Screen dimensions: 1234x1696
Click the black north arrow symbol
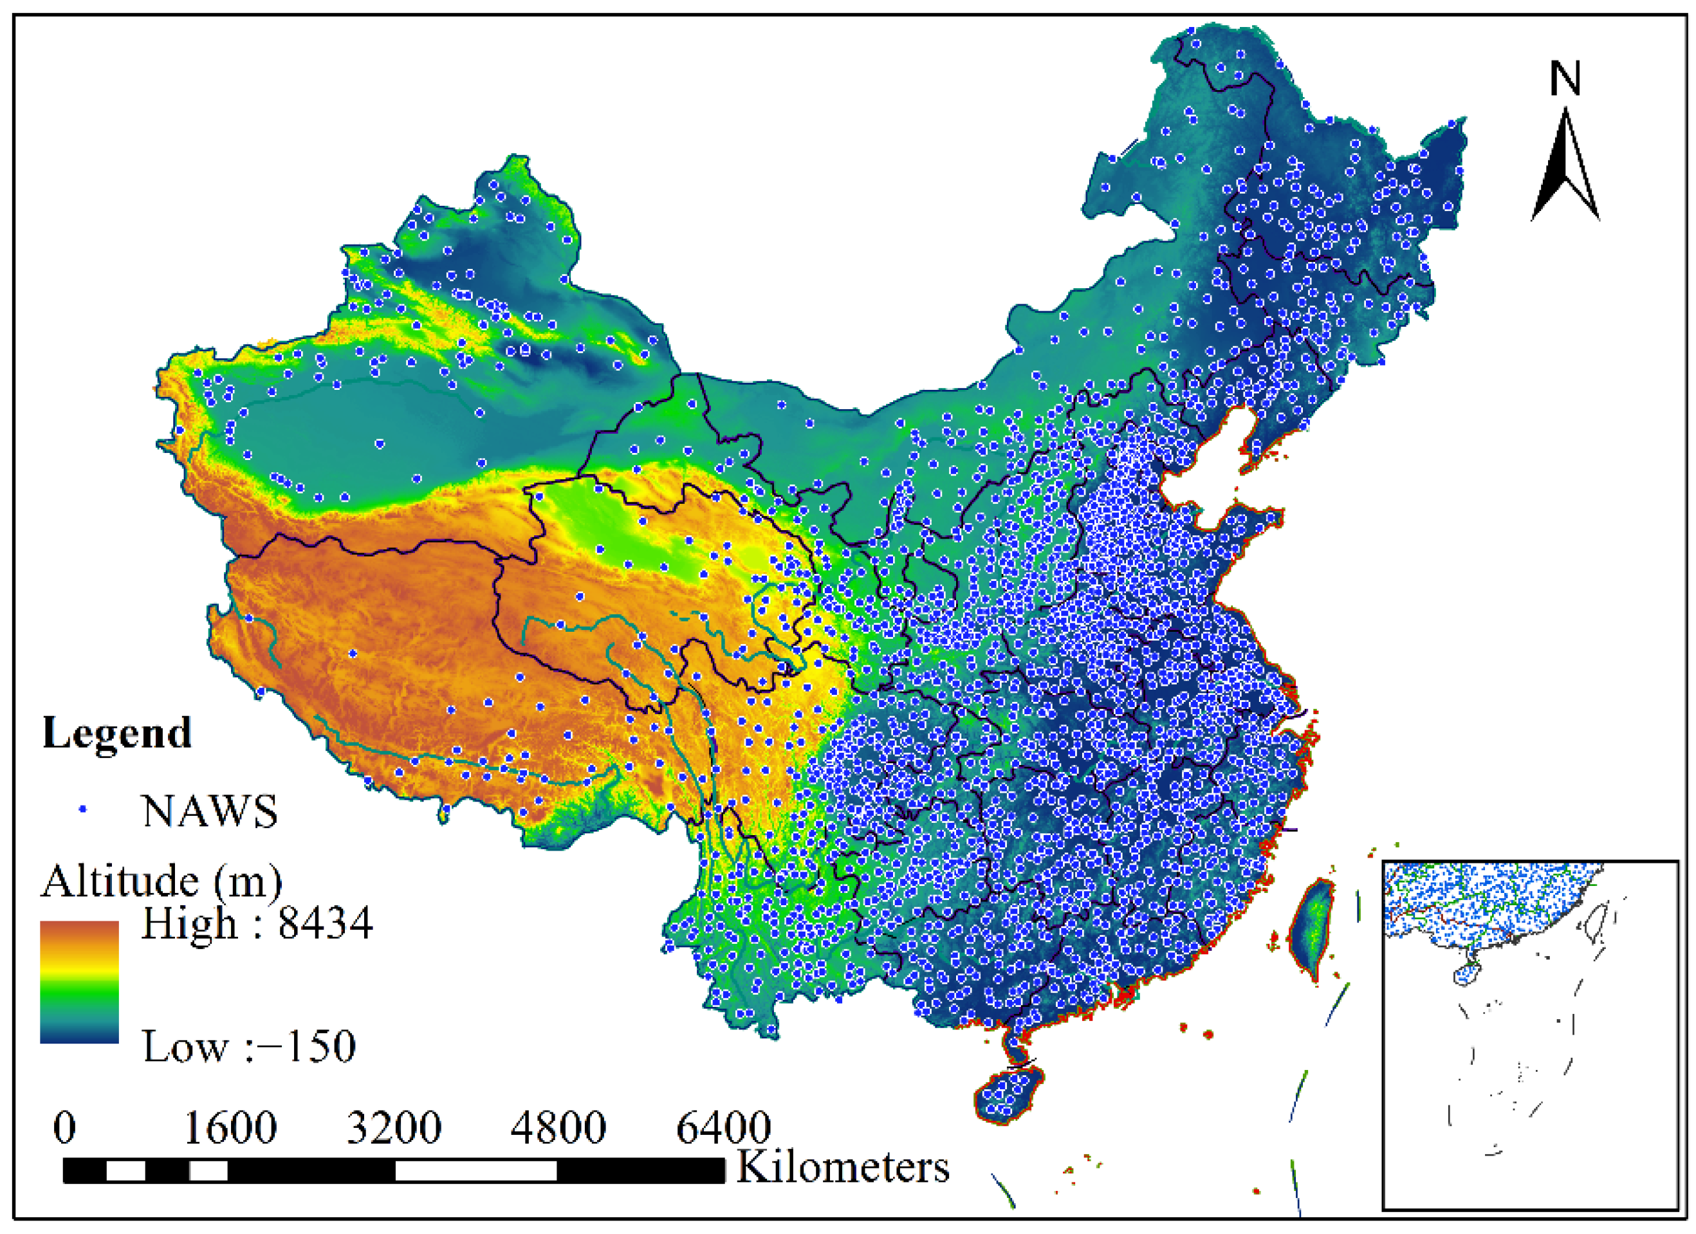pyautogui.click(x=1565, y=169)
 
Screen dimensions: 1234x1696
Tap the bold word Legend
pyautogui.click(x=116, y=733)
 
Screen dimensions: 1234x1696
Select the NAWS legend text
pyautogui.click(x=209, y=811)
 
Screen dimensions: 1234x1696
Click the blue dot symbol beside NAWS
pyautogui.click(x=84, y=809)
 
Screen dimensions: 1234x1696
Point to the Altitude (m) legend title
pyautogui.click(x=161, y=881)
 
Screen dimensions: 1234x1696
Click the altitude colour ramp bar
pyautogui.click(x=79, y=981)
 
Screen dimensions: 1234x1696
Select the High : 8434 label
pyautogui.click(x=257, y=924)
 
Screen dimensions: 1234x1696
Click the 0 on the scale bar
pyautogui.click(x=64, y=1128)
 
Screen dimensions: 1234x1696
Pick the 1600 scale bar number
pyautogui.click(x=230, y=1128)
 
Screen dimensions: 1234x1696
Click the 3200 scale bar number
pyautogui.click(x=394, y=1128)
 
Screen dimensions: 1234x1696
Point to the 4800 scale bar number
pyautogui.click(x=558, y=1128)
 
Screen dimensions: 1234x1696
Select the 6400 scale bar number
pyautogui.click(x=723, y=1128)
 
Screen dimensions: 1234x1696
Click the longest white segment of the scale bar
pyautogui.click(x=475, y=1171)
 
